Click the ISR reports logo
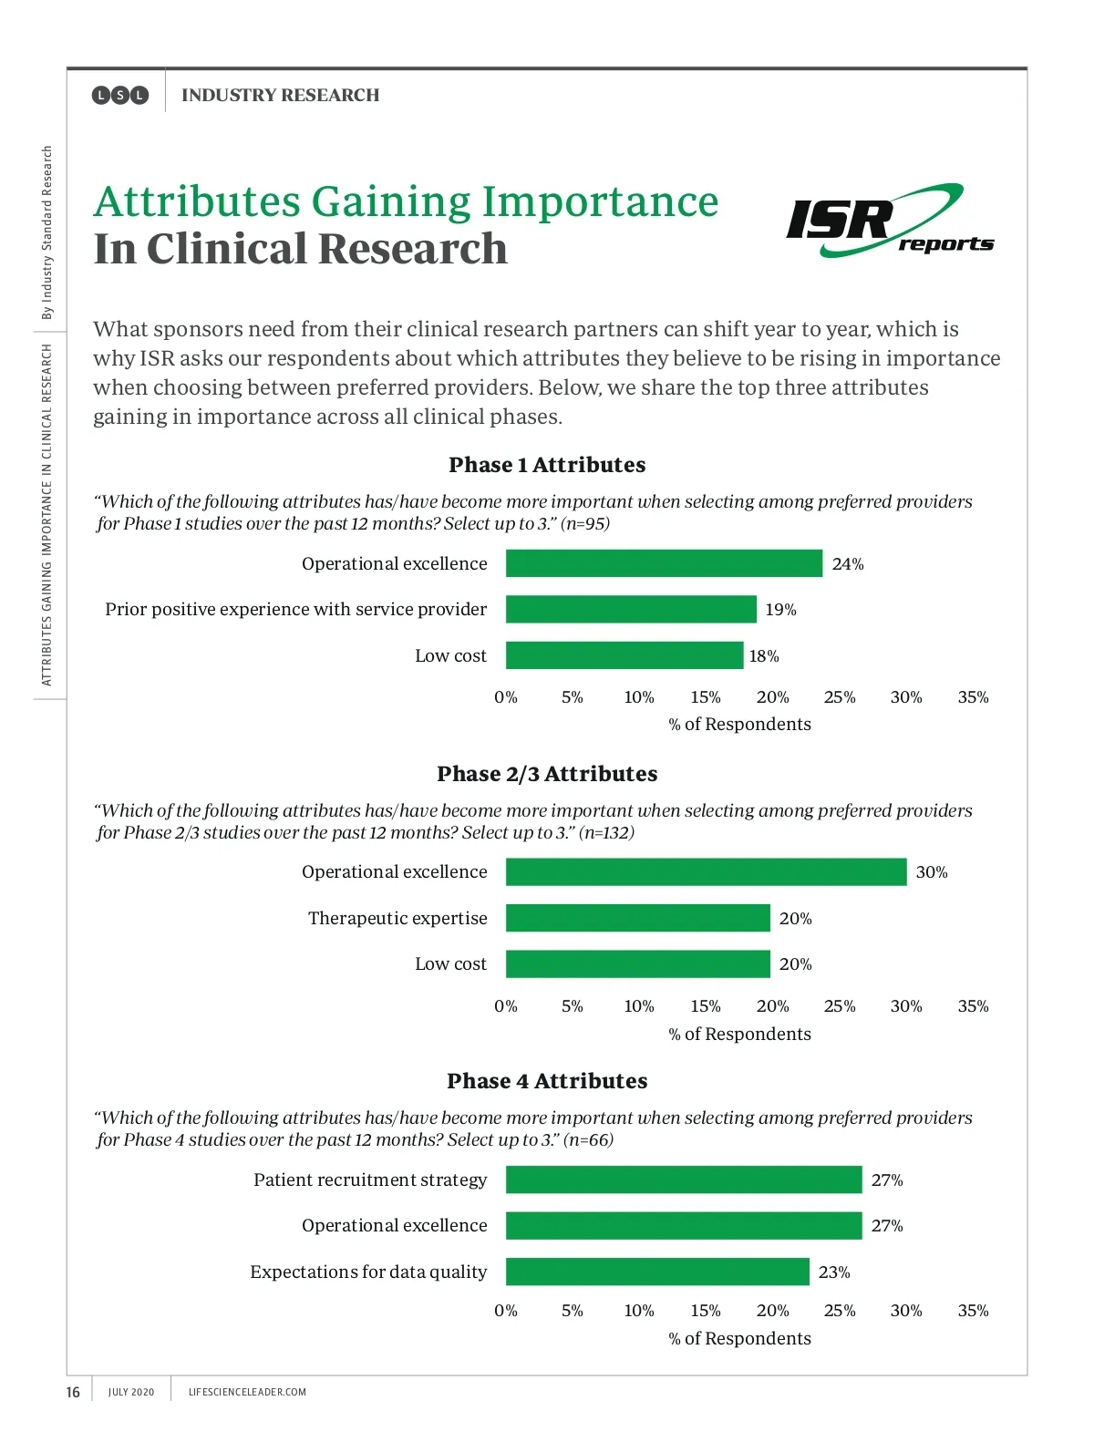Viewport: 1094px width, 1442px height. (889, 221)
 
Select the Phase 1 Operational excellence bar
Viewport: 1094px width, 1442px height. (664, 563)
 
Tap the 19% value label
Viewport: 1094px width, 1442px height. (780, 610)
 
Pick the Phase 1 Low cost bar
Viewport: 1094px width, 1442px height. (624, 655)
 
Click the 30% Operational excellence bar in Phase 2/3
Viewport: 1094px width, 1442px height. (706, 872)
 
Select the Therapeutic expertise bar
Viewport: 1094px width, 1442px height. (637, 918)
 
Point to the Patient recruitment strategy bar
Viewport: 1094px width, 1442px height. (684, 1179)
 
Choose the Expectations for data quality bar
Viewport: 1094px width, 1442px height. (657, 1272)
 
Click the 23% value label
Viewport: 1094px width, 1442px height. (834, 1272)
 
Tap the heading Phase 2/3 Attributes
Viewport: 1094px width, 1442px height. (547, 774)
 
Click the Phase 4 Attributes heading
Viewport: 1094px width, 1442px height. (547, 1081)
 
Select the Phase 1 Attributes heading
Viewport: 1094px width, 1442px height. (547, 465)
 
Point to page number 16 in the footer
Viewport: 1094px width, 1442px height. (73, 1392)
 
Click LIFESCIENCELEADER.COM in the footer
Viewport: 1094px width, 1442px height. (247, 1392)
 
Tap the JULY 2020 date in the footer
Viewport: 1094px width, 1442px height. (131, 1392)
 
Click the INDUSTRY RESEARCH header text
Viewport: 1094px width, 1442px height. (280, 95)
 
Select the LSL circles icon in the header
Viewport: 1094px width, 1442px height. (119, 95)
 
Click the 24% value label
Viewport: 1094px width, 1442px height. (848, 564)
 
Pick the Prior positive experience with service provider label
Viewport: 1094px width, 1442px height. (295, 609)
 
